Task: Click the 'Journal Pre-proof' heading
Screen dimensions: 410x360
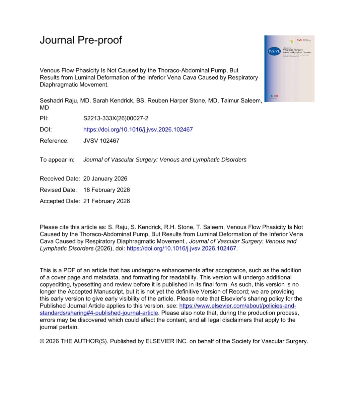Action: pyautogui.click(x=81, y=40)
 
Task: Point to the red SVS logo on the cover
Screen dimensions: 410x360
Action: pyautogui.click(x=299, y=40)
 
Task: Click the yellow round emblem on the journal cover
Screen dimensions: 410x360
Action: pyautogui.click(x=292, y=42)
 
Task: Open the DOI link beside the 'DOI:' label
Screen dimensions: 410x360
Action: pyautogui.click(x=138, y=130)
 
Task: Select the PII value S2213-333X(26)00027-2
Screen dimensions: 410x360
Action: pyautogui.click(x=116, y=118)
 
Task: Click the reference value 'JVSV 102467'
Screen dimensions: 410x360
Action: pyautogui.click(x=101, y=141)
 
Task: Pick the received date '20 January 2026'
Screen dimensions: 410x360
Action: pyautogui.click(x=105, y=179)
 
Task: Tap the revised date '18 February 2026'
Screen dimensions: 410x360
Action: pyautogui.click(x=106, y=190)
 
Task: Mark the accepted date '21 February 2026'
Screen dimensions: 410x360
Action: pyautogui.click(x=106, y=201)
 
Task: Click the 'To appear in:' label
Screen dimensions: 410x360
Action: pyautogui.click(x=57, y=160)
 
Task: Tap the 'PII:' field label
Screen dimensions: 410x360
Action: pyautogui.click(x=44, y=118)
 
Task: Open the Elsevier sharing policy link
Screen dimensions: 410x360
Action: pyautogui.click(x=237, y=306)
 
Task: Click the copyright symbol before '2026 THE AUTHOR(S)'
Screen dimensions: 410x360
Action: pyautogui.click(x=42, y=341)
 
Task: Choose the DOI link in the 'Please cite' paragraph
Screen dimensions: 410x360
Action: pyautogui.click(x=181, y=249)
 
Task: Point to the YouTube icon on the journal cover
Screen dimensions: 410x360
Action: pyautogui.click(x=277, y=96)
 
